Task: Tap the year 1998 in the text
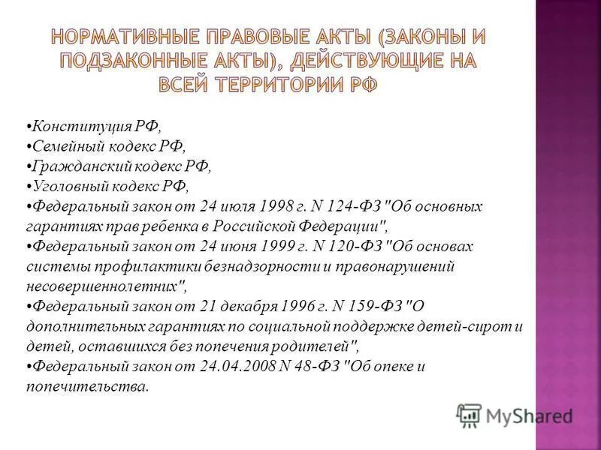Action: pyautogui.click(x=279, y=205)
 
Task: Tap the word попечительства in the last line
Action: pyautogui.click(x=85, y=387)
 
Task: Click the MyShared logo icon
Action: pyautogui.click(x=468, y=415)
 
